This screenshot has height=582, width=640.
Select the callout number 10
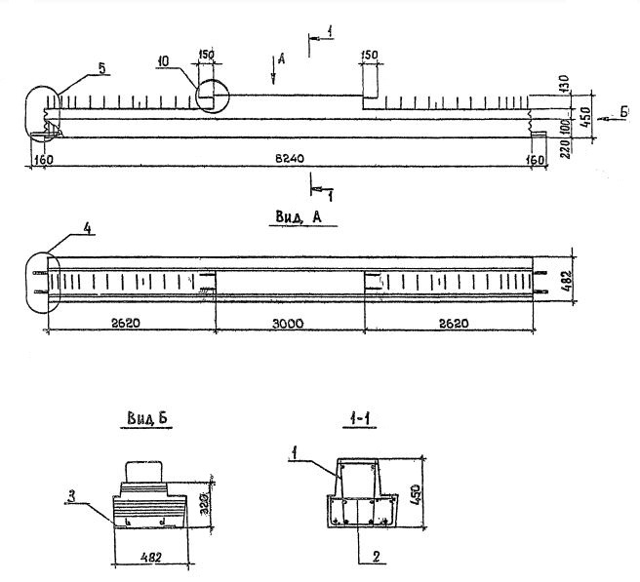tap(163, 62)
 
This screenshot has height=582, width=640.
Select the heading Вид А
tap(295, 218)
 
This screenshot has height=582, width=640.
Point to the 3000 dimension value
tap(290, 321)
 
